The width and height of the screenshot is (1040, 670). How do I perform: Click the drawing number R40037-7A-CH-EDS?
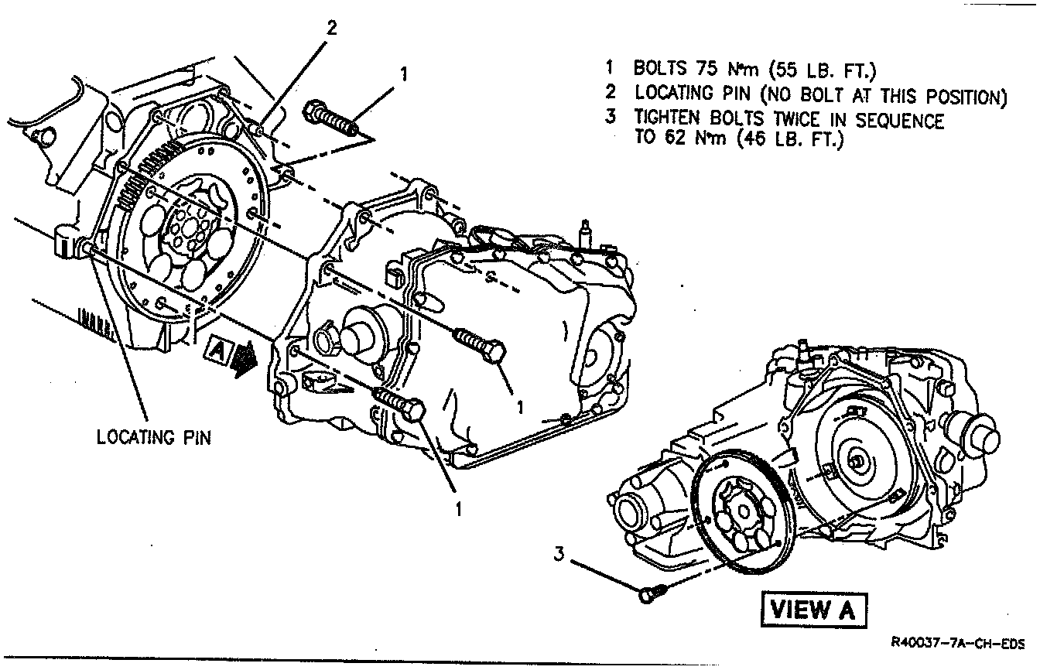tap(958, 642)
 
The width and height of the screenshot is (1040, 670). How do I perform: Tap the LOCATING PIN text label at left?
tap(153, 437)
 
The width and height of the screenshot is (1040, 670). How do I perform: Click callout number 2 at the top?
tap(331, 29)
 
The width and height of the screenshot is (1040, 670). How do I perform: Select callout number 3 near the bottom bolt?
tap(560, 553)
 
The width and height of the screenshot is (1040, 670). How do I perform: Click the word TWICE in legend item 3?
tap(802, 121)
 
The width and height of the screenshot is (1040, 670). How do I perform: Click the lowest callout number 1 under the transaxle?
tap(457, 508)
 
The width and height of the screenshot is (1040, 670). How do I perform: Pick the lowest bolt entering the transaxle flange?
tap(401, 405)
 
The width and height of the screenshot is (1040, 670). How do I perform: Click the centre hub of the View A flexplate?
tap(742, 511)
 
